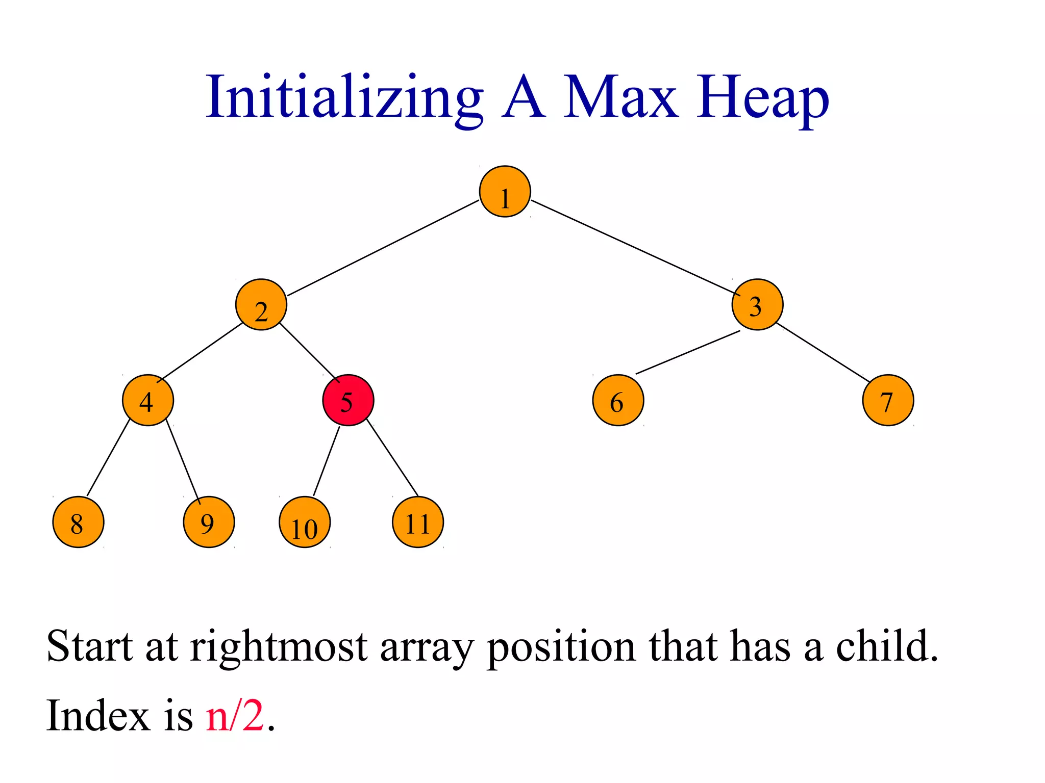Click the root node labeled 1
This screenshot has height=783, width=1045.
tap(505, 192)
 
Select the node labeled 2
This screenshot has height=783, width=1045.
tap(261, 305)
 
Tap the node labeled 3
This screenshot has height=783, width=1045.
tap(757, 305)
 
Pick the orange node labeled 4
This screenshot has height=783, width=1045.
tap(148, 400)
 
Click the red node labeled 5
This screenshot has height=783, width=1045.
tap(349, 400)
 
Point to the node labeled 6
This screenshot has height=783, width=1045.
tap(618, 400)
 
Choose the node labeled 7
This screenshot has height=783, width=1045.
tap(888, 400)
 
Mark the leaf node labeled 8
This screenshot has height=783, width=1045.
tap(78, 522)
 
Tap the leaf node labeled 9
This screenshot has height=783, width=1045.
tap(209, 522)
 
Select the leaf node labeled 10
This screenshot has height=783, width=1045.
tap(305, 522)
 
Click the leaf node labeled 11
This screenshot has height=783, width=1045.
tap(418, 522)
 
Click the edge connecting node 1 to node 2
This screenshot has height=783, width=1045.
tap(383, 248)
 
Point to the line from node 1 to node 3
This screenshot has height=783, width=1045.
tap(633, 248)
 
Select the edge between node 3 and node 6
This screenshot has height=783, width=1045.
tap(687, 352)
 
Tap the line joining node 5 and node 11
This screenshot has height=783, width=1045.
tap(392, 457)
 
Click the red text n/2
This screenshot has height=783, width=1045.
tap(235, 715)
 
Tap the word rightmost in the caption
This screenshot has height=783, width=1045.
tap(279, 646)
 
